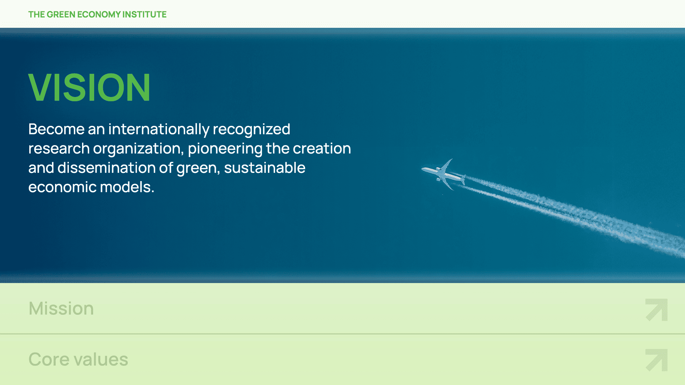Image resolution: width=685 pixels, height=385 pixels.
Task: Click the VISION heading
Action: click(x=89, y=87)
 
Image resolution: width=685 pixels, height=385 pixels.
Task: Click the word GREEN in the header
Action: click(x=61, y=14)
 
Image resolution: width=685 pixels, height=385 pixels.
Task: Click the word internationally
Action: click(x=159, y=129)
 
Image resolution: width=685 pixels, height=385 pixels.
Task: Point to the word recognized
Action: click(x=252, y=129)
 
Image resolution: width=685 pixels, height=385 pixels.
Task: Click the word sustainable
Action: click(x=265, y=168)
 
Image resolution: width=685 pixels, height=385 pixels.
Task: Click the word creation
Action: click(x=322, y=148)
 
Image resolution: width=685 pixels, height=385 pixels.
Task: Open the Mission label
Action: click(x=61, y=308)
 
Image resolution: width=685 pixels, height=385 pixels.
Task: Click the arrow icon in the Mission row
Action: click(x=656, y=309)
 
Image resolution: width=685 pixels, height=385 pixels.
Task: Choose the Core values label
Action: click(x=78, y=359)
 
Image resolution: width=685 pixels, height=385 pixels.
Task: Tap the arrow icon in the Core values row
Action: click(x=656, y=360)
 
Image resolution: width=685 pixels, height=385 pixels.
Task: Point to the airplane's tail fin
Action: click(x=463, y=179)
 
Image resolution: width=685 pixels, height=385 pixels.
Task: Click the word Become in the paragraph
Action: click(x=56, y=129)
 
